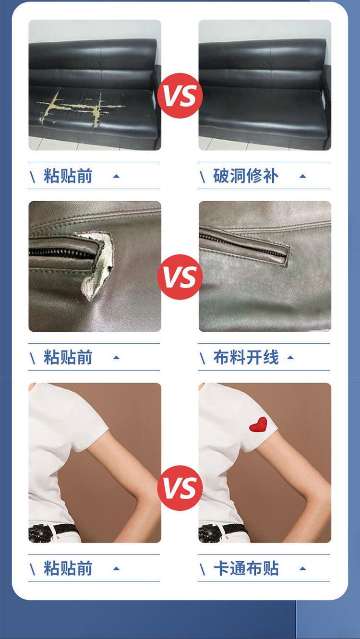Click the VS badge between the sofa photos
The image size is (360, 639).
180,96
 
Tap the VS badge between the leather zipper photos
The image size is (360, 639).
180,277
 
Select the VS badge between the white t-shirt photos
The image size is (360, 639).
180,488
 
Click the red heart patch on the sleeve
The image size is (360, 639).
258,425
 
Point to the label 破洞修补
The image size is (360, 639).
246,176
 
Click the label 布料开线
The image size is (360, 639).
246,357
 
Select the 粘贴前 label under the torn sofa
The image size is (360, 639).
68,176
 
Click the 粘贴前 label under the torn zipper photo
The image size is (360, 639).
68,357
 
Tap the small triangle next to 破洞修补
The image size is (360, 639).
303,176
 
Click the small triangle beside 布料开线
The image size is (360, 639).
290,358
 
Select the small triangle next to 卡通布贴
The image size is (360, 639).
303,568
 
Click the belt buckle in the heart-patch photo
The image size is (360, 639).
211,533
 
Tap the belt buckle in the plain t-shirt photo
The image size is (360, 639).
40,533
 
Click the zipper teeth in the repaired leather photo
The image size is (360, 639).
242,244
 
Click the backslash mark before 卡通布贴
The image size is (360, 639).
202,569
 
